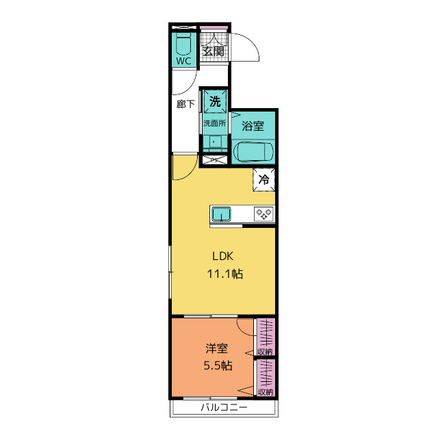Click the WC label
183,61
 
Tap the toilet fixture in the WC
183,44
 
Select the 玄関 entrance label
214,51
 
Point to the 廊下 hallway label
185,104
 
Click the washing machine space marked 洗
215,101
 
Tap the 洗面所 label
214,123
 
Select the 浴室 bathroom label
253,126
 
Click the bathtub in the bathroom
253,152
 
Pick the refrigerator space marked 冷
264,179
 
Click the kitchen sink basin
221,214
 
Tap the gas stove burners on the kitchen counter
264,214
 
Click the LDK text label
222,256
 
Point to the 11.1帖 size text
225,274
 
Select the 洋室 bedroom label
217,348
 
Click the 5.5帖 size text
218,365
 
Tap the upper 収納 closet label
265,352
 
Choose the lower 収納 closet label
266,392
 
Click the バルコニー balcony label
224,407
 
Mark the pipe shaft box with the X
215,160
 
